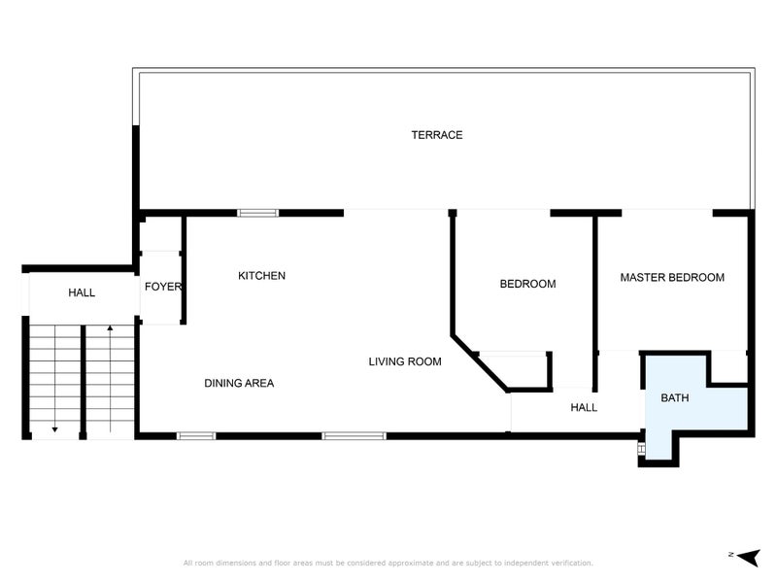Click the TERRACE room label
point(436,135)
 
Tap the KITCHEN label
point(261,276)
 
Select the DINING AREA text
point(239,383)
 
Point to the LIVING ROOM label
point(405,361)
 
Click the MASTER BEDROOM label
point(672,277)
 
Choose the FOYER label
point(163,287)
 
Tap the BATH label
point(676,397)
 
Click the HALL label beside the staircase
point(82,292)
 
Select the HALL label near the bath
point(584,407)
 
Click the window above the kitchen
point(258,213)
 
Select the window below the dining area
point(195,435)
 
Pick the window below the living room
point(354,435)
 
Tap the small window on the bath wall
point(641,448)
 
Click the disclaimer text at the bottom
point(388,563)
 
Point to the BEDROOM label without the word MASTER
point(527,284)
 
